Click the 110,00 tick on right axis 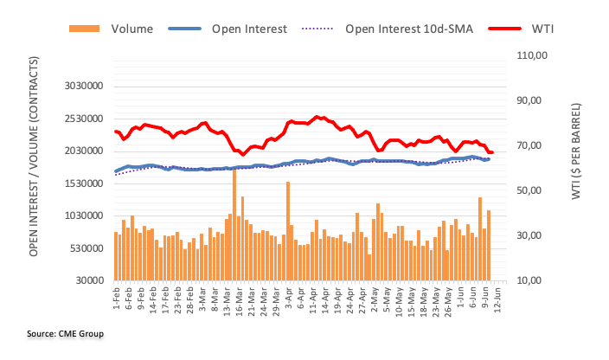click(x=535, y=55)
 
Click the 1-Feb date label click(x=116, y=299)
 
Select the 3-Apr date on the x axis click(x=287, y=299)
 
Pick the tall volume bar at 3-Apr click(x=287, y=230)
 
